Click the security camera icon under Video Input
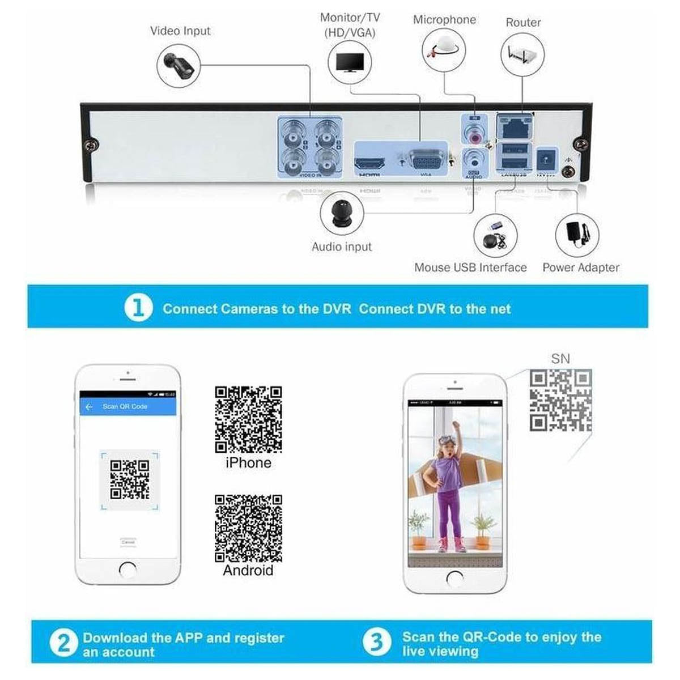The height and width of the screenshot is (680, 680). coord(179,66)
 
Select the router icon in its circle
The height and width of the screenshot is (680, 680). coord(522,55)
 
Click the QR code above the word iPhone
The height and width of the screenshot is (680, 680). coord(248,419)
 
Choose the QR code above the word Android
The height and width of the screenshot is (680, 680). coord(248,528)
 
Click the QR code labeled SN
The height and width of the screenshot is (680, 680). coord(560,400)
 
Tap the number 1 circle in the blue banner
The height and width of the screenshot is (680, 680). coord(138,308)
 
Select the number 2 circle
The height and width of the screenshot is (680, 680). coord(63,643)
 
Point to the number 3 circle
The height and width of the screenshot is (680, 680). coord(377,642)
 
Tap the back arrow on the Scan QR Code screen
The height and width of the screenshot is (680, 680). coord(88,407)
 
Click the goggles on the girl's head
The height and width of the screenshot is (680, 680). coord(447,439)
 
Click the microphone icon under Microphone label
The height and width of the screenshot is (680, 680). coord(443,51)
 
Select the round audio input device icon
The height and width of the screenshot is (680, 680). coord(342,214)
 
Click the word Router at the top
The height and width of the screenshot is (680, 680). coord(523,23)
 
